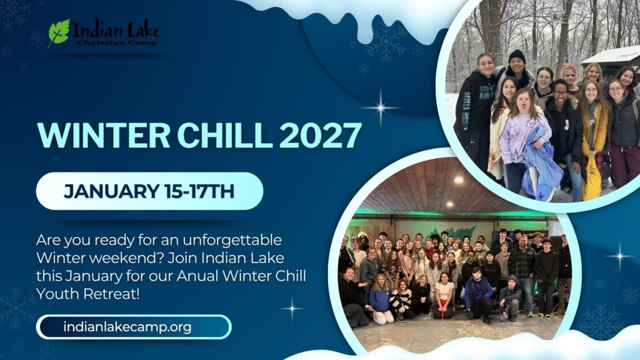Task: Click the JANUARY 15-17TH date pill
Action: pyautogui.click(x=149, y=191)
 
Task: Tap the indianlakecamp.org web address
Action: pyautogui.click(x=127, y=326)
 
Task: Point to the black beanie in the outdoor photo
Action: pyautogui.click(x=516, y=56)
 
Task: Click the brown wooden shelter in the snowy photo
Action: pyautogui.click(x=609, y=62)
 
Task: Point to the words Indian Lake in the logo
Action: pyautogui.click(x=116, y=29)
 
